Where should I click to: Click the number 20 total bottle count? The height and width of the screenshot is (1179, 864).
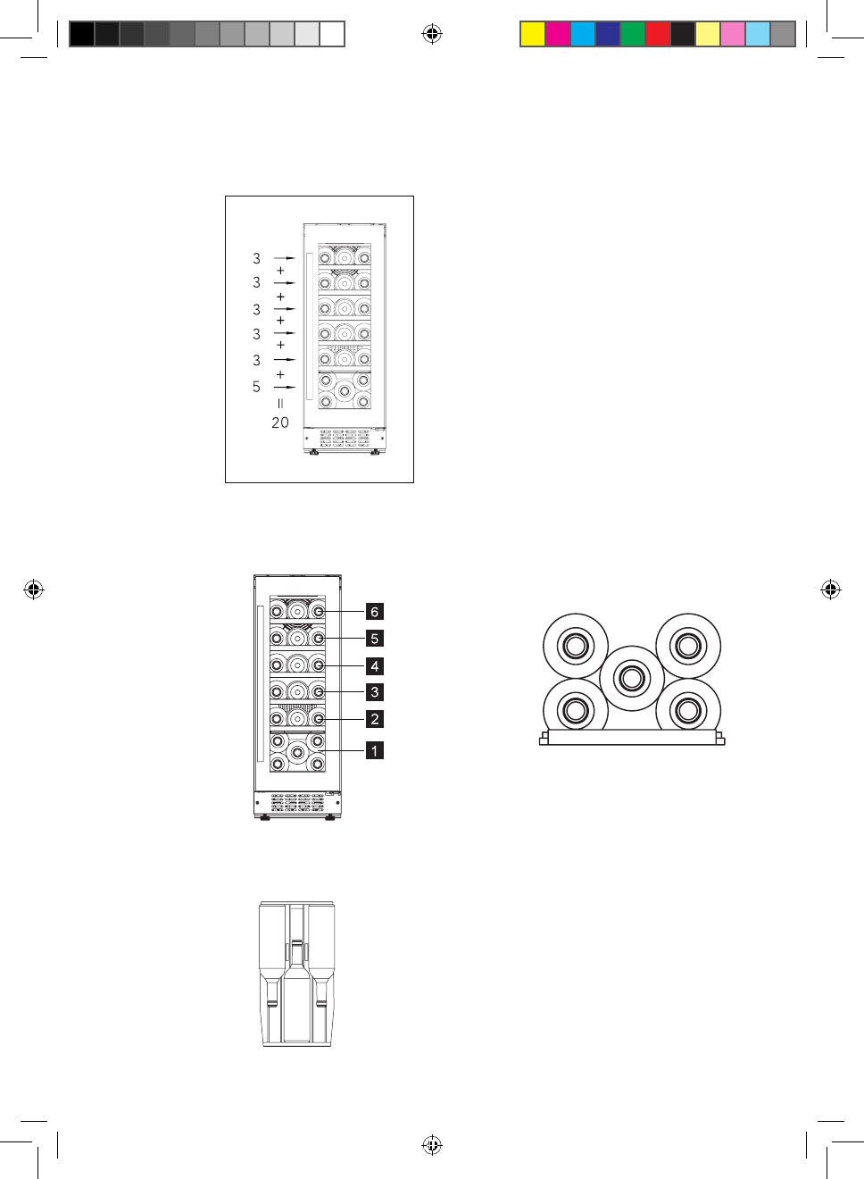pyautogui.click(x=280, y=422)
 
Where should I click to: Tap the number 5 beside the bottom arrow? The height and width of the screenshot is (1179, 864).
pyautogui.click(x=256, y=387)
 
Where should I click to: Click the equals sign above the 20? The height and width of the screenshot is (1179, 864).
pyautogui.click(x=280, y=404)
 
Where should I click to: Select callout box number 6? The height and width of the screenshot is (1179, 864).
pyautogui.click(x=375, y=612)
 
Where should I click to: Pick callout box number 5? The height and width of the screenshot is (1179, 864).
pyautogui.click(x=375, y=639)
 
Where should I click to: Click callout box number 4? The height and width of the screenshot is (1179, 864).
pyautogui.click(x=375, y=666)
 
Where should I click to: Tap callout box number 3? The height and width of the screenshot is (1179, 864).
pyautogui.click(x=375, y=692)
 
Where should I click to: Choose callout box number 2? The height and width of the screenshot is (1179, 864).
pyautogui.click(x=375, y=719)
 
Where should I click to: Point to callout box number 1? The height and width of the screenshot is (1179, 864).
pyautogui.click(x=375, y=750)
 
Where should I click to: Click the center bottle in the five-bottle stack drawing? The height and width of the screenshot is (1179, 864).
pyautogui.click(x=632, y=678)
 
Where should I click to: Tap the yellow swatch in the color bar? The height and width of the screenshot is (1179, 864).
pyautogui.click(x=533, y=34)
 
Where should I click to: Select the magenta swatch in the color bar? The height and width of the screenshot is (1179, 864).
pyautogui.click(x=558, y=34)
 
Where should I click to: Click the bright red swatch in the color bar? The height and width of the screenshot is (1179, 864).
pyautogui.click(x=657, y=34)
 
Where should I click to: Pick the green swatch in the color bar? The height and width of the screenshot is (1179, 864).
pyautogui.click(x=632, y=34)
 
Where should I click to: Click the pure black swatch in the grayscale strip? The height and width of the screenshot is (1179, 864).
pyautogui.click(x=81, y=34)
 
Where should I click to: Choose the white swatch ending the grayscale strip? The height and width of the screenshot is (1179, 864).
pyautogui.click(x=332, y=34)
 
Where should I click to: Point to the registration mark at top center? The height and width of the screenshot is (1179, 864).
pyautogui.click(x=432, y=34)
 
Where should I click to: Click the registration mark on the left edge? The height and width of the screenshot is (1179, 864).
pyautogui.click(x=34, y=589)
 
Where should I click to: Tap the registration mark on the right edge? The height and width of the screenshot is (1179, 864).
pyautogui.click(x=830, y=589)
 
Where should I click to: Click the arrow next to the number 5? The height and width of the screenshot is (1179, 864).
pyautogui.click(x=285, y=387)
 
